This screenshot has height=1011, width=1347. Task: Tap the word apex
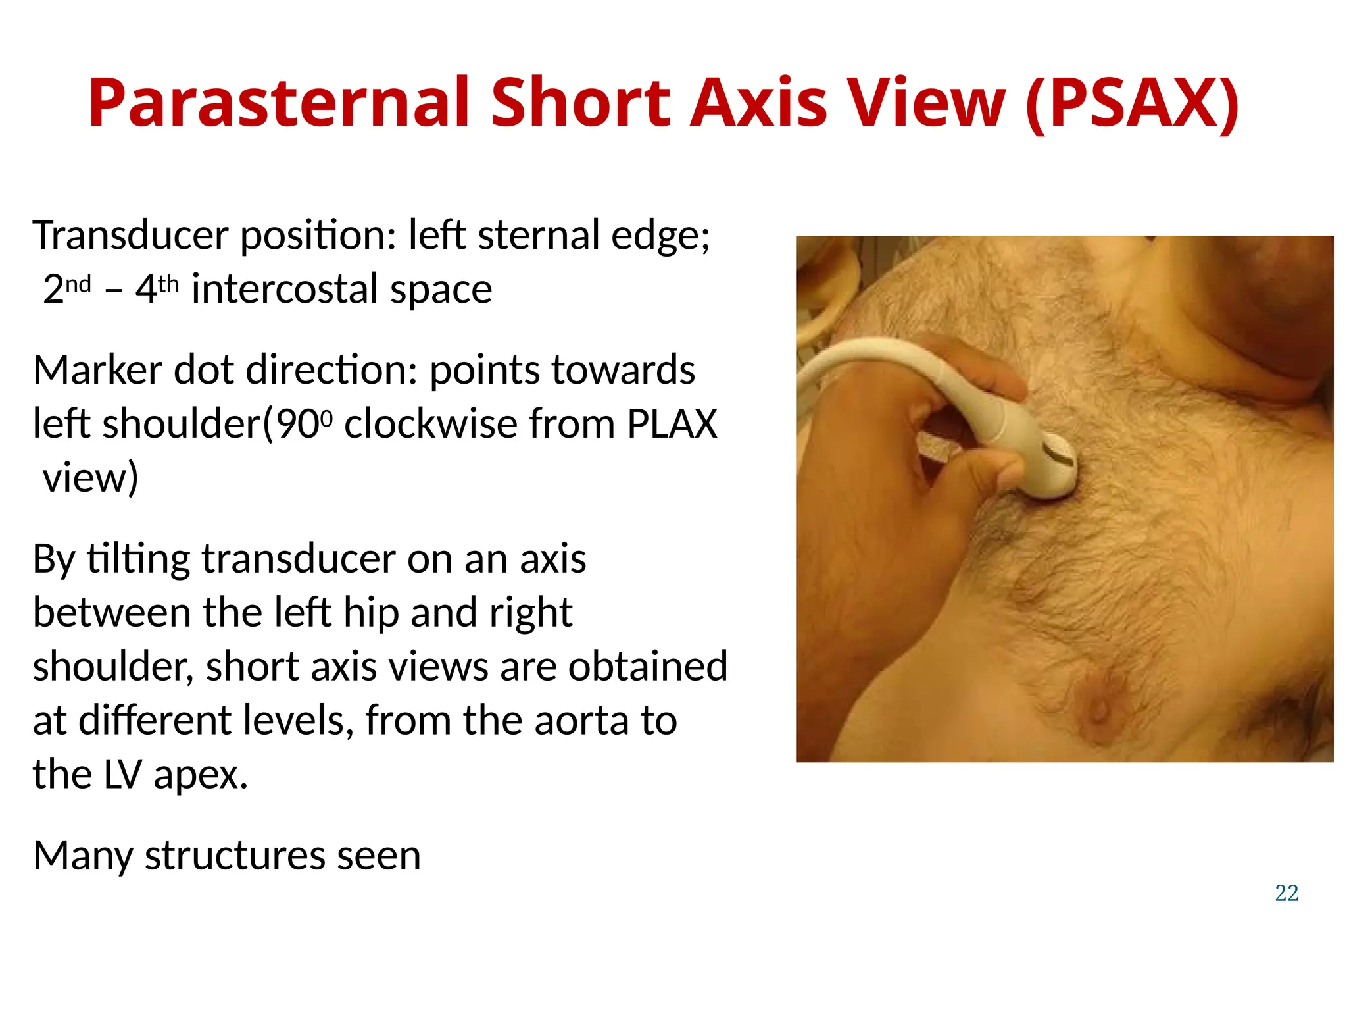pyautogui.click(x=201, y=774)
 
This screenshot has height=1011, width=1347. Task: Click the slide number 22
pyautogui.click(x=1286, y=893)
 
